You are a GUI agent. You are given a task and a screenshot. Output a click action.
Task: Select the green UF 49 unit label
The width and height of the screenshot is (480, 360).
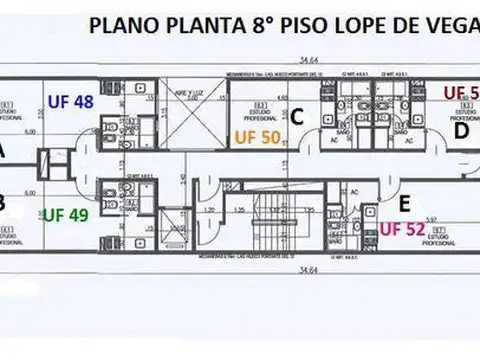tap(66, 214)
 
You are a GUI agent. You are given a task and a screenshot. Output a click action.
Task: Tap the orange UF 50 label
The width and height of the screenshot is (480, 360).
tap(257, 138)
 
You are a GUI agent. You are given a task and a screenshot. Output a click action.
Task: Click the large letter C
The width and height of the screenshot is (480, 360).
tap(297, 117)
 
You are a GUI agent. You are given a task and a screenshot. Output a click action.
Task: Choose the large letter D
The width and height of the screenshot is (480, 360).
tap(461, 130)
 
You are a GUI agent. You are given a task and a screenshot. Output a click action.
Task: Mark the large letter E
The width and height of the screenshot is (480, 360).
tap(404, 202)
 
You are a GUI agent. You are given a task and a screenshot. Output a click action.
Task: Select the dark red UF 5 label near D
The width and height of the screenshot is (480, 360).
tap(460, 94)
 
